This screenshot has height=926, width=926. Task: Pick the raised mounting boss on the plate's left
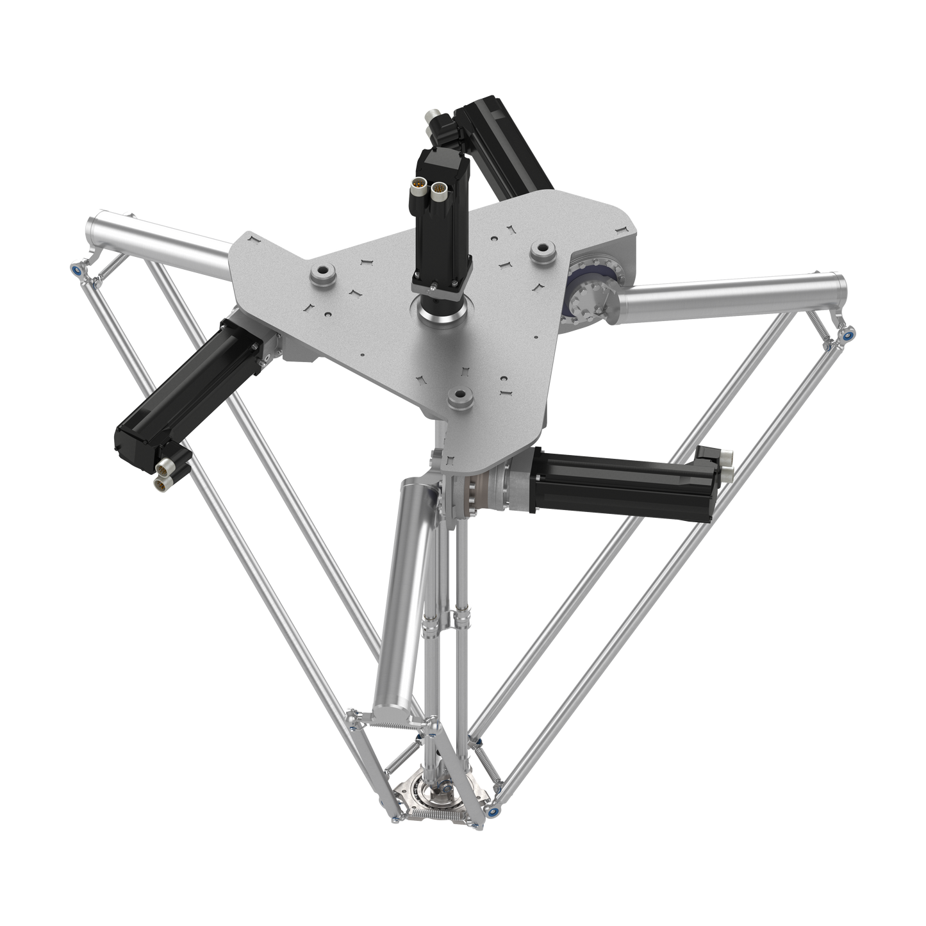point(321,274)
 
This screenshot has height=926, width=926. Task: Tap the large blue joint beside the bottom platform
point(492,810)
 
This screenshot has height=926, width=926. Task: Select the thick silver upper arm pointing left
point(160,242)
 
